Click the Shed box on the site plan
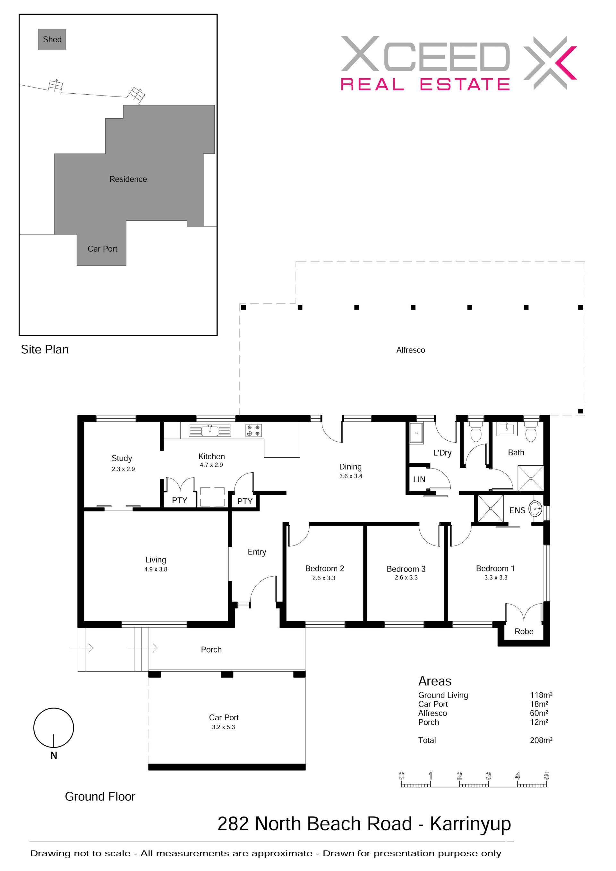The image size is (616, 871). pyautogui.click(x=52, y=39)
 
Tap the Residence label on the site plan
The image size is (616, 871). pyautogui.click(x=128, y=179)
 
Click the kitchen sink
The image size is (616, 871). pyautogui.click(x=210, y=431)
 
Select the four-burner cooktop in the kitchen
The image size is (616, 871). pyautogui.click(x=253, y=430)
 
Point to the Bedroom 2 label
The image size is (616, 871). pyautogui.click(x=324, y=568)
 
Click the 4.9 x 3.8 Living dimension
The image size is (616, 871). pyautogui.click(x=156, y=569)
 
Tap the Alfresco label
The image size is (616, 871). pyautogui.click(x=411, y=350)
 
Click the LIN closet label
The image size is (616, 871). pyautogui.click(x=419, y=479)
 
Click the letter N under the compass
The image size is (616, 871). pyautogui.click(x=54, y=755)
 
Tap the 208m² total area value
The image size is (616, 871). pyautogui.click(x=541, y=740)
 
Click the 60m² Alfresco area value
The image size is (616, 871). pyautogui.click(x=539, y=713)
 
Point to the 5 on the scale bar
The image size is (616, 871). pyautogui.click(x=547, y=776)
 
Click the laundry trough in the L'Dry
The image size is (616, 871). pyautogui.click(x=417, y=433)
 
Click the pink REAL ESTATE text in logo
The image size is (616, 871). pyautogui.click(x=425, y=84)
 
